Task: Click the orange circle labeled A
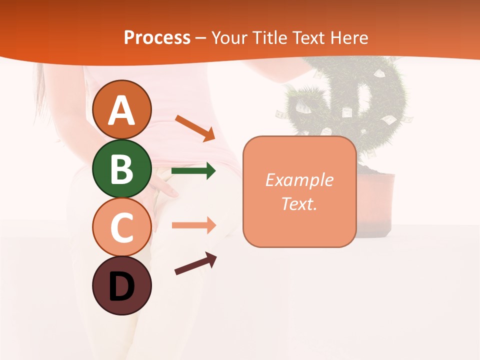(121, 109)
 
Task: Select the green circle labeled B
(121, 168)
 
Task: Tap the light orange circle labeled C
(121, 227)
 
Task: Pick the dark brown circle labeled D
(121, 285)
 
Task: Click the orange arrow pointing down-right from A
(195, 128)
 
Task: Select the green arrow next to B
(193, 171)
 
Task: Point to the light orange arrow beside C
(193, 225)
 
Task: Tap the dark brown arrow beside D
(195, 263)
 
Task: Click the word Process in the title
(157, 37)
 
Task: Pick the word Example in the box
(299, 179)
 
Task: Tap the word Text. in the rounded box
(299, 203)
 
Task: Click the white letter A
(121, 110)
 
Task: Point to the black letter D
(121, 286)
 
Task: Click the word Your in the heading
(228, 37)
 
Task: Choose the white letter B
(121, 169)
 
